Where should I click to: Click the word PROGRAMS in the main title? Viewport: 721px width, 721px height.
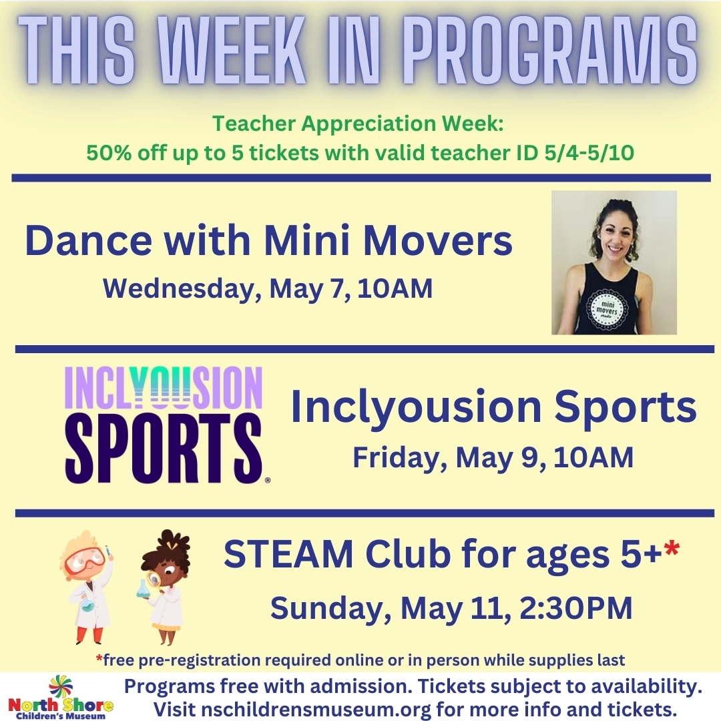click(x=552, y=50)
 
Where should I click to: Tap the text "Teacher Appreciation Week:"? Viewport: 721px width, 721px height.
click(x=358, y=124)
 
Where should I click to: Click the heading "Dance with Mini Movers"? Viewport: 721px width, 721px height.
click(x=268, y=240)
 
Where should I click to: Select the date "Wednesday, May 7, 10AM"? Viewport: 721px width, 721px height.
click(x=268, y=289)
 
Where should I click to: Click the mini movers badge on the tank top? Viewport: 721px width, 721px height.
click(x=607, y=308)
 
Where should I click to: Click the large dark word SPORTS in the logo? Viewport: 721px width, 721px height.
click(x=164, y=449)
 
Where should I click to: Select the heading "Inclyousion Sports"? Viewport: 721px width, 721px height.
click(x=493, y=407)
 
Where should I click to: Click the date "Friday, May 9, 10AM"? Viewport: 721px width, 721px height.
click(x=493, y=457)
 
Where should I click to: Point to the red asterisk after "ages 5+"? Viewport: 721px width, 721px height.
click(x=672, y=549)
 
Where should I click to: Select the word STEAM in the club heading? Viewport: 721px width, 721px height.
click(x=288, y=554)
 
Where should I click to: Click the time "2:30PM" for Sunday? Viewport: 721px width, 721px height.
click(x=576, y=608)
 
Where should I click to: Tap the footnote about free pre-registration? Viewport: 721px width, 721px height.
click(x=360, y=660)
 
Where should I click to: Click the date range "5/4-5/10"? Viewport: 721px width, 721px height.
click(x=589, y=153)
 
